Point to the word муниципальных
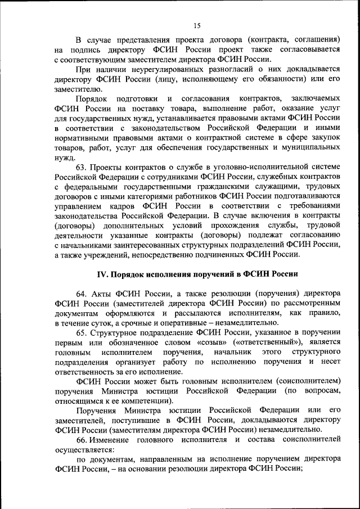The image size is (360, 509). click(x=310, y=147)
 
